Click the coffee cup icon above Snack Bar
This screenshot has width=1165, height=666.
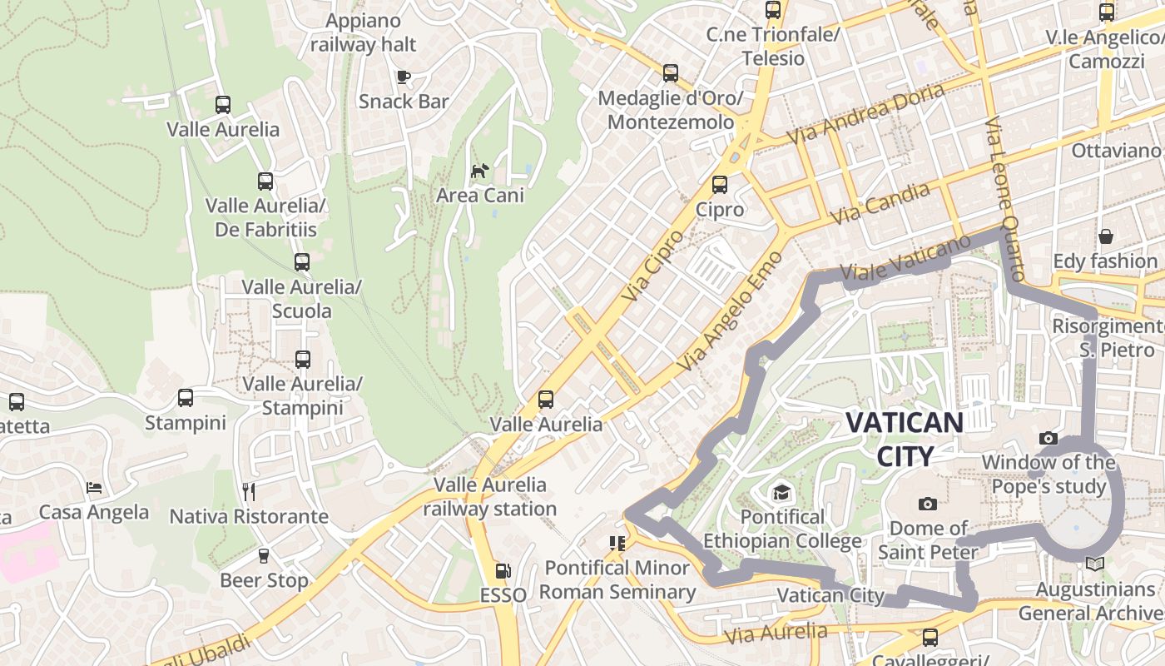404,77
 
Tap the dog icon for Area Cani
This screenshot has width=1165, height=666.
480,171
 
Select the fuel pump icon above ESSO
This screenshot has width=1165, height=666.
503,571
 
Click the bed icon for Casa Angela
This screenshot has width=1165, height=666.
94,487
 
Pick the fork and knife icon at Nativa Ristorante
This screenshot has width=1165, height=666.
248,491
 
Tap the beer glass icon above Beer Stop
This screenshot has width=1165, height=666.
264,555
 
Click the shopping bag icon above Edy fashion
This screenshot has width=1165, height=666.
1105,236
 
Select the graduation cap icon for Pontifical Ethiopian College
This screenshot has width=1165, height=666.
781,493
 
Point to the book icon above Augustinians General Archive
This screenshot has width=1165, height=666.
1095,564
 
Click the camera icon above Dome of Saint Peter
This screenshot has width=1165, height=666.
928,504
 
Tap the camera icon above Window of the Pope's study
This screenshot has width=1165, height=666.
1048,438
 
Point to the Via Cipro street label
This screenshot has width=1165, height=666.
652,266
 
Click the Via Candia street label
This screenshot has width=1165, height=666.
880,202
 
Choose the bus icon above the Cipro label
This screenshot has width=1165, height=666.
720,185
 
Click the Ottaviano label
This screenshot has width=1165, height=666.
1115,151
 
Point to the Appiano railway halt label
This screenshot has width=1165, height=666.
364,32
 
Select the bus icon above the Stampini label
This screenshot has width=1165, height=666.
186,398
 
